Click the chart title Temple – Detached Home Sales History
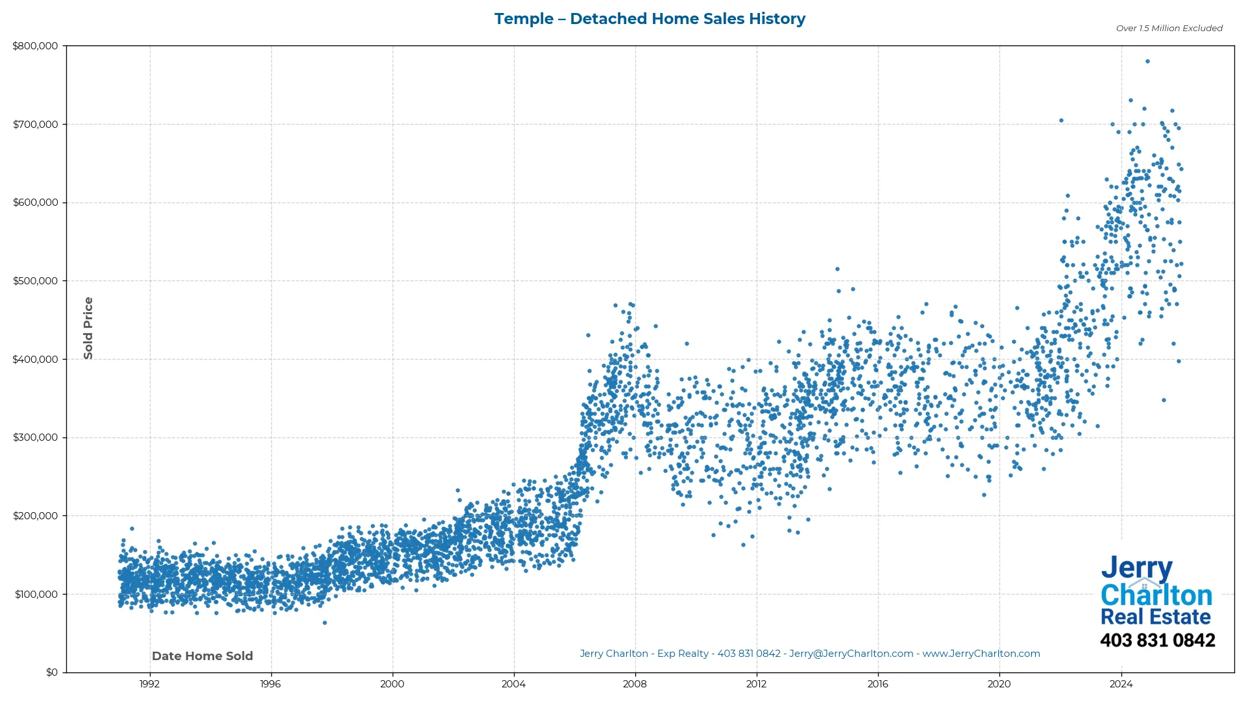(x=650, y=19)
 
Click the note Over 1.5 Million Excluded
(x=1169, y=29)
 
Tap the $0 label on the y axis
(x=52, y=672)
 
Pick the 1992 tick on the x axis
(x=150, y=684)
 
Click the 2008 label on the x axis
(x=635, y=684)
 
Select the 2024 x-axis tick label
(x=1121, y=684)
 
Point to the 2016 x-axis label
(x=877, y=684)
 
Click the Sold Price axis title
(x=88, y=328)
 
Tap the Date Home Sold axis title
(x=202, y=656)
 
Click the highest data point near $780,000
(x=1147, y=62)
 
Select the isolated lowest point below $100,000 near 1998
(x=324, y=623)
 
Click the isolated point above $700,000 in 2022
(x=1061, y=121)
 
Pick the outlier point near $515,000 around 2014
(x=837, y=269)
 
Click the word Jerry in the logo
(x=1136, y=569)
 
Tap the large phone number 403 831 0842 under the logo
(x=1157, y=641)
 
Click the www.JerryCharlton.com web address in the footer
(x=981, y=654)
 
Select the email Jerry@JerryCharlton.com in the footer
(x=851, y=654)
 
